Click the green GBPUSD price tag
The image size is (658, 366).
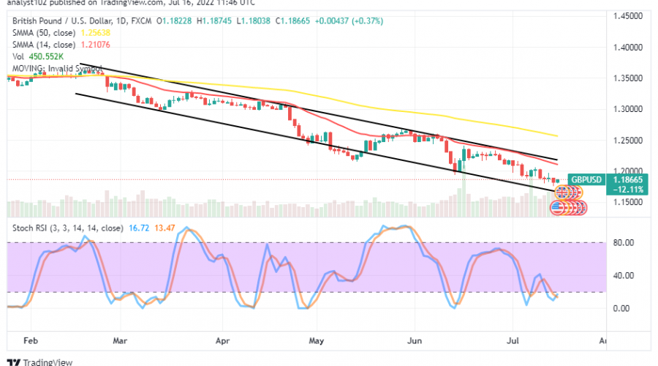click(x=586, y=179)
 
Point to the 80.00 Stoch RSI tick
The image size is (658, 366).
click(x=621, y=243)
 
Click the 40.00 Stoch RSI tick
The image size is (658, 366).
click(x=621, y=276)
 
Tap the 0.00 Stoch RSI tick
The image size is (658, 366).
click(x=621, y=308)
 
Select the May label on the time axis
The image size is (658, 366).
click(x=316, y=340)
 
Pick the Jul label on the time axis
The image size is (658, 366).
click(x=513, y=340)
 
